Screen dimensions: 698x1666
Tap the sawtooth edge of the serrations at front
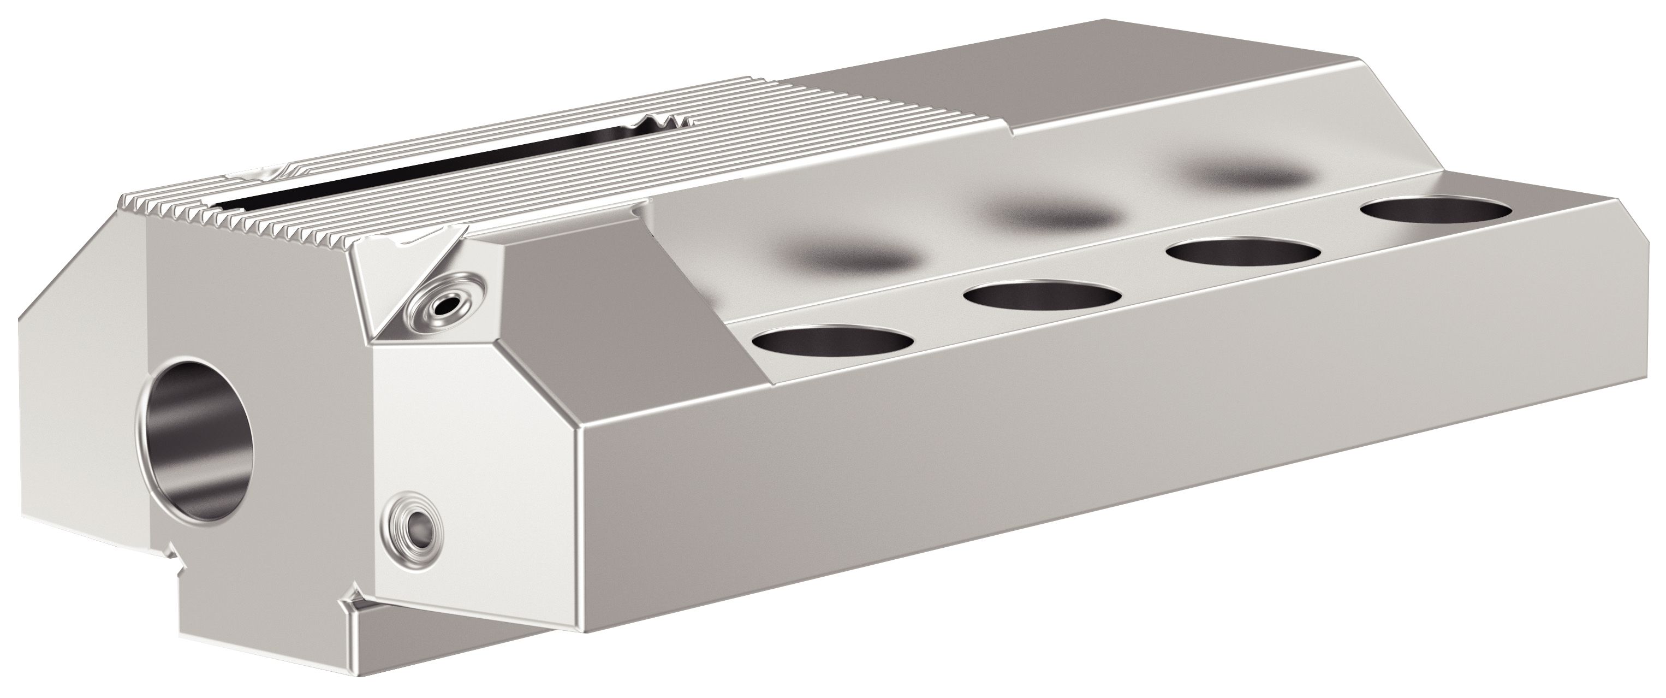pos(259,220)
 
